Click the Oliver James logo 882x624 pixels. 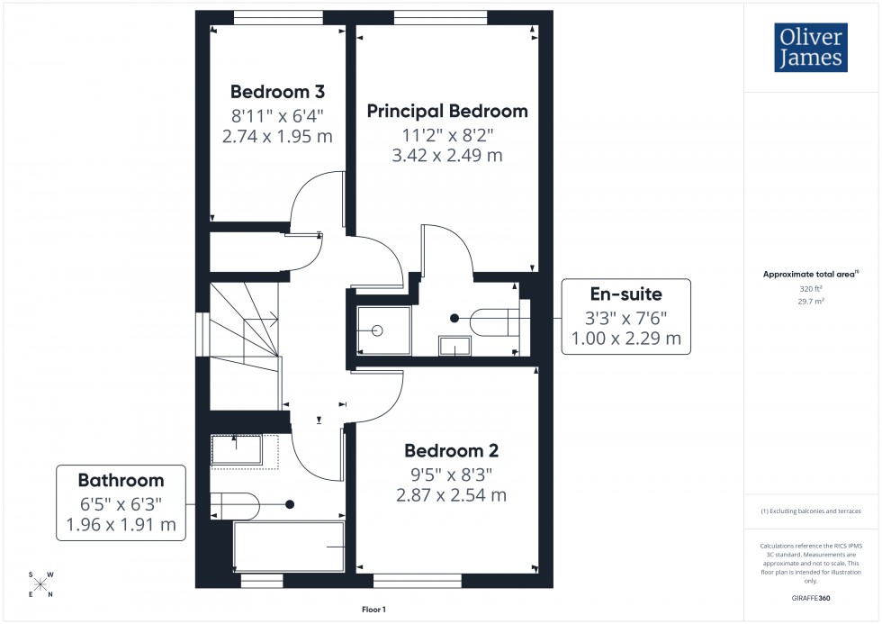click(809, 48)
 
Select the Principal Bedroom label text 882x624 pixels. click(447, 112)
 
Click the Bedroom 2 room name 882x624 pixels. click(451, 451)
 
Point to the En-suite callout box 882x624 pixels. click(626, 317)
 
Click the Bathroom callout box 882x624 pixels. click(121, 502)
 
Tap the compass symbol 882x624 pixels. click(40, 584)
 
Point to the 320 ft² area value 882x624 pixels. click(812, 290)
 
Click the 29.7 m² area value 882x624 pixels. click(812, 303)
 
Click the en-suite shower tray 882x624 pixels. click(384, 330)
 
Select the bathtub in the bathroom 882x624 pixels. click(289, 547)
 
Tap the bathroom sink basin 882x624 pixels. click(237, 449)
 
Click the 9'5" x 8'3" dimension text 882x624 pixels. click(451, 475)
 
